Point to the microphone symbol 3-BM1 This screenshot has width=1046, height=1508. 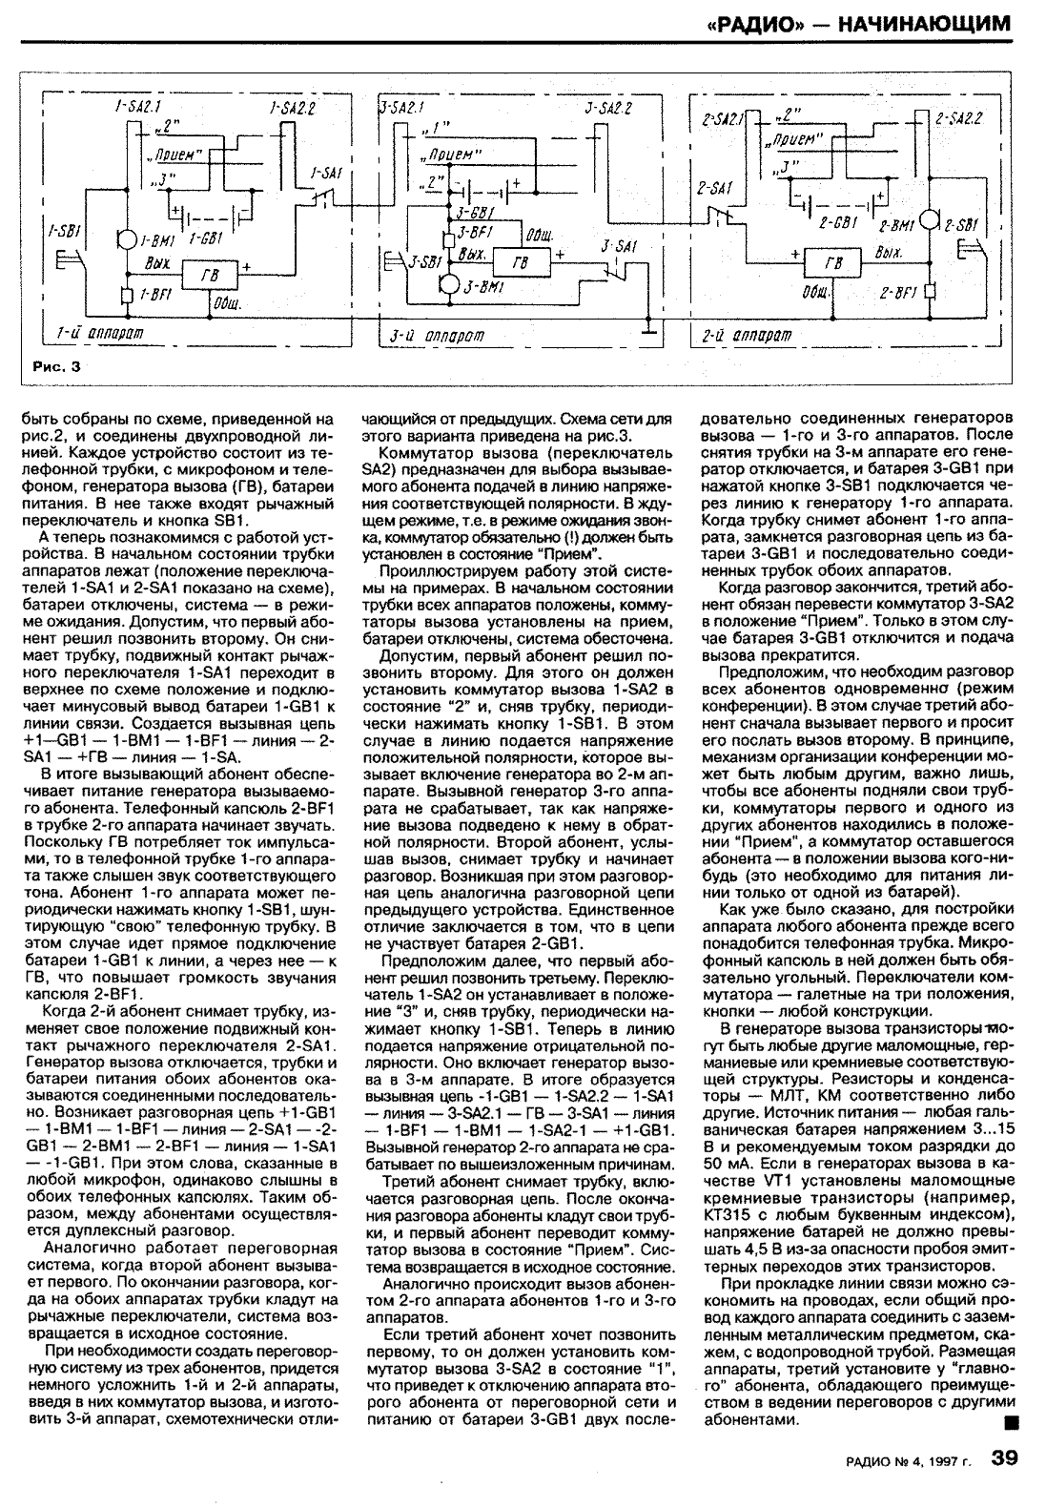point(449,285)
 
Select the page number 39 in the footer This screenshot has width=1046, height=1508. point(1008,1483)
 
